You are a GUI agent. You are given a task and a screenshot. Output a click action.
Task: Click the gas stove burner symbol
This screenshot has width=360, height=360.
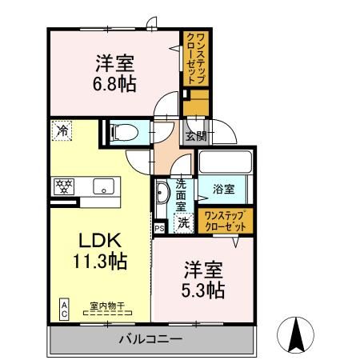pos(63,186)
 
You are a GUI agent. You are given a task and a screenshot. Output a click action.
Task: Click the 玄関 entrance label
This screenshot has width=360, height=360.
pos(195,134)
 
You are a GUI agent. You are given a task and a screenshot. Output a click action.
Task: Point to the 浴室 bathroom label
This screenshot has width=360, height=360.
pos(223,190)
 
